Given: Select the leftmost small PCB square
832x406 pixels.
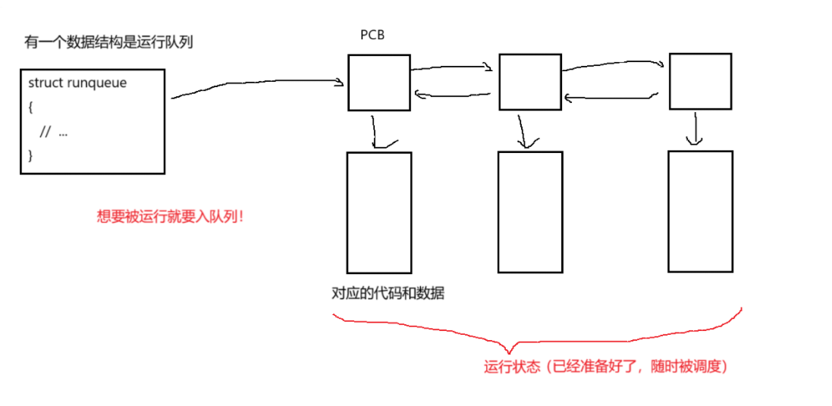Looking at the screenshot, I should (x=378, y=83).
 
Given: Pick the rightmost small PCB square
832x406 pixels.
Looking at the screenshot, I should (x=700, y=81).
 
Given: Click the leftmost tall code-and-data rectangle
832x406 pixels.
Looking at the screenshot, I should (x=378, y=212).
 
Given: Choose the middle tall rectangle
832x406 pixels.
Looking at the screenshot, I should (x=529, y=211).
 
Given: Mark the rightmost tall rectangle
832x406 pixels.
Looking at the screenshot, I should (x=700, y=211).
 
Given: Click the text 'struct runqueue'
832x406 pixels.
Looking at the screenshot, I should (x=77, y=83).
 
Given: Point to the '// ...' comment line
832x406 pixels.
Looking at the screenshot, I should (x=54, y=132).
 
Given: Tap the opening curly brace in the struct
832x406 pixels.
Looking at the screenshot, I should (x=31, y=108).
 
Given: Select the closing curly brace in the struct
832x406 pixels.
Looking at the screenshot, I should (x=31, y=155).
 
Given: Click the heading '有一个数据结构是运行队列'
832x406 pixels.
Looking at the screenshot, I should (x=108, y=42).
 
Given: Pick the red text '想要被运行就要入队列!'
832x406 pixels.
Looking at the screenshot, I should (x=171, y=217).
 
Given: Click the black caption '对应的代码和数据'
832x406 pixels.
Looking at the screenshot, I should (x=388, y=294).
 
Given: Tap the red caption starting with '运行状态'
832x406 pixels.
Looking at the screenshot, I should (x=606, y=367).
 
